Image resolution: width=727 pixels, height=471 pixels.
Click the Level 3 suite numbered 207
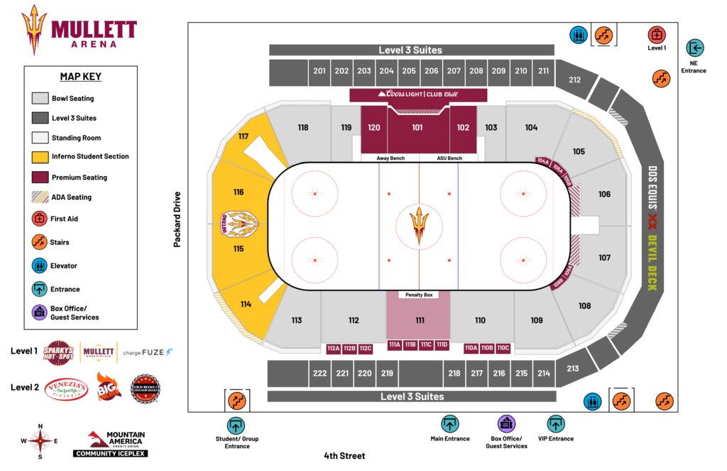tap(454, 71)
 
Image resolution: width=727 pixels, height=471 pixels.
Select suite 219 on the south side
tap(387, 373)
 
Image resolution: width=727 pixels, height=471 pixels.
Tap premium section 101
tap(417, 128)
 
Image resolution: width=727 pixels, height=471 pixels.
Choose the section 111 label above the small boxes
tap(420, 320)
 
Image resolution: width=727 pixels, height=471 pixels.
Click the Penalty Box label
tap(419, 294)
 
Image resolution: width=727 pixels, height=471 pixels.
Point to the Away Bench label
tap(390, 158)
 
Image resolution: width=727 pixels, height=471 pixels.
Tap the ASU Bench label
tap(449, 158)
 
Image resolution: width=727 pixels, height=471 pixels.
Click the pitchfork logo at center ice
tap(419, 224)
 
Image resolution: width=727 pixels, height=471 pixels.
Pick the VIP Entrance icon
tap(556, 424)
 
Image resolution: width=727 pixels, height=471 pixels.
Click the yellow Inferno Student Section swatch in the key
tap(40, 156)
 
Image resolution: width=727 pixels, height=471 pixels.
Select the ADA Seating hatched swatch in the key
tap(40, 197)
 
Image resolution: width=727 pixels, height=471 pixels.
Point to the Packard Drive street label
tap(178, 220)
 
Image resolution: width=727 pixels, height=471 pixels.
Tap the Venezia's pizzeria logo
tap(66, 389)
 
